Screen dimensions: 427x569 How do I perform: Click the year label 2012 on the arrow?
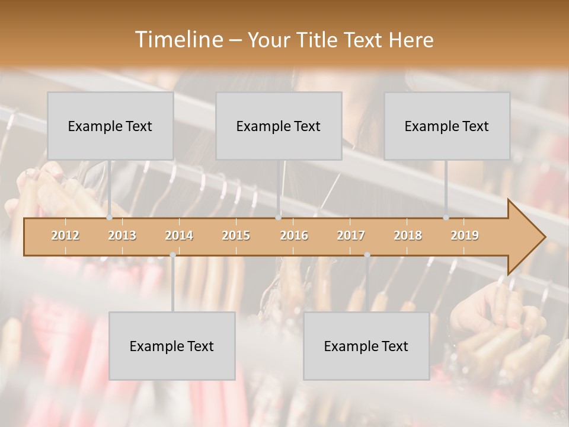coord(65,235)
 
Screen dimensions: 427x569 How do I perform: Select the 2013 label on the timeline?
coord(122,235)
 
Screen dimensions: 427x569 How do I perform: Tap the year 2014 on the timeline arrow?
coord(179,235)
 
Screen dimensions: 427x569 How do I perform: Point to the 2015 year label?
coord(236,235)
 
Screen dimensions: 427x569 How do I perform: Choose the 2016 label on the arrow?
coord(294,235)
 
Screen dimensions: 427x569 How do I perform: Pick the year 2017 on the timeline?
coord(351,235)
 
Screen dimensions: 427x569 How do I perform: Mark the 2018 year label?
coord(408,235)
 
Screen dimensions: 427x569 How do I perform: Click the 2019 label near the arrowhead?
coord(465,235)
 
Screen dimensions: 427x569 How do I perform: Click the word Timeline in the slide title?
coord(177,40)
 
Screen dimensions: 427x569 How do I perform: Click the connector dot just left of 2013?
coord(109,218)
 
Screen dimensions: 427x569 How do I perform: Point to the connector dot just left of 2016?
coord(278,218)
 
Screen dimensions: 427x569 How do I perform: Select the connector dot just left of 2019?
coord(446,218)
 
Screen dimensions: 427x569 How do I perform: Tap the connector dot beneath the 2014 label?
coord(172,254)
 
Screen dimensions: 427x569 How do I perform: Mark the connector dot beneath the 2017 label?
coord(367,254)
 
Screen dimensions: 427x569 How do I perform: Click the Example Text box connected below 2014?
coord(172,346)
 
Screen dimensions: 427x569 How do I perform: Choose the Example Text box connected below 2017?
coord(366,346)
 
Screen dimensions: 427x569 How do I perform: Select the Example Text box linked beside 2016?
coord(279,126)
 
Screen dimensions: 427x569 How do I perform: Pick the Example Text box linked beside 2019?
coord(447,126)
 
